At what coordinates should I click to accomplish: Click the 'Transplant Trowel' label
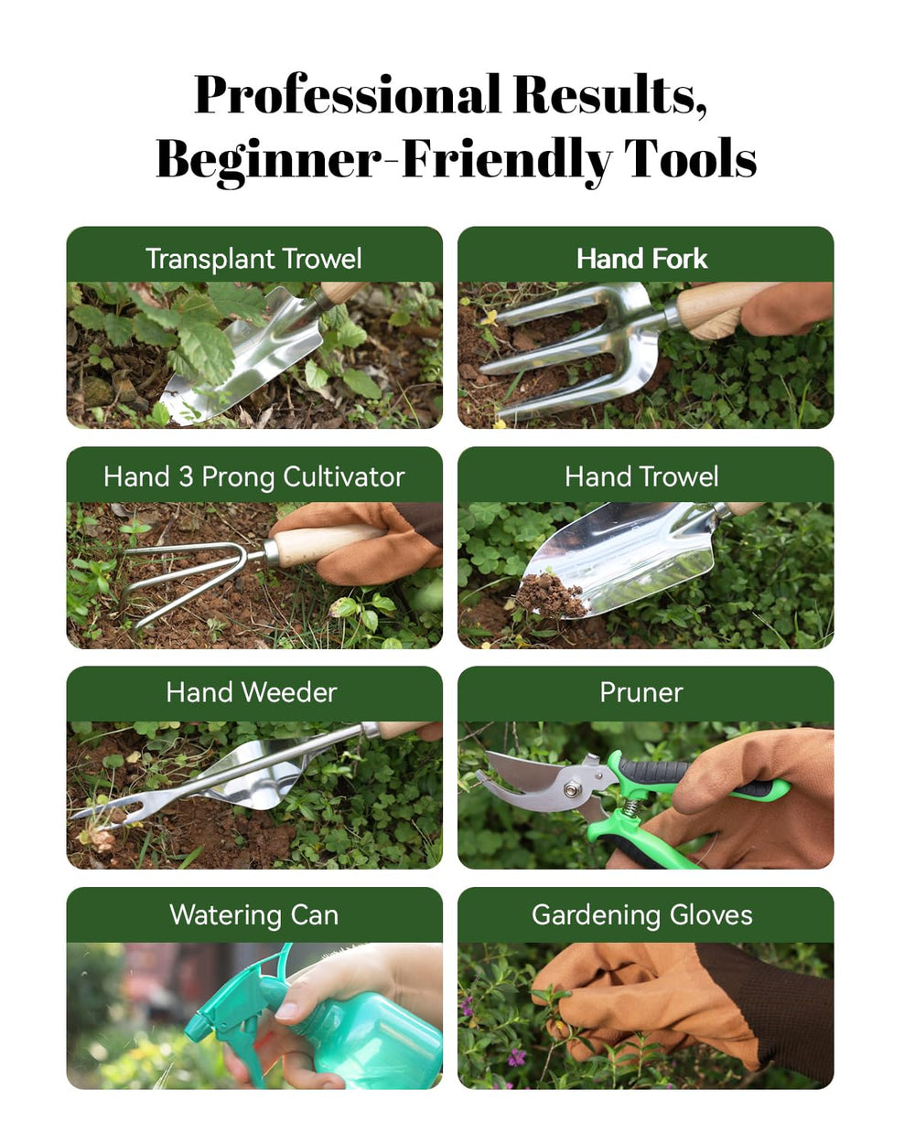click(x=253, y=259)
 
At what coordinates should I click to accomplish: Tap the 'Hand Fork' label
click(x=641, y=259)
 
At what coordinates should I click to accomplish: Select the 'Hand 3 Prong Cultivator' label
click(x=254, y=476)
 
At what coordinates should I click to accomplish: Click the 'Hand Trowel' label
click(x=641, y=476)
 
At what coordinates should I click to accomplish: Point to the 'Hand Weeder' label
click(x=252, y=692)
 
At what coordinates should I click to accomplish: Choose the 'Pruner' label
click(x=641, y=692)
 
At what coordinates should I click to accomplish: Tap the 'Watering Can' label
click(x=254, y=915)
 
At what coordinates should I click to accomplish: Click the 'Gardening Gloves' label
click(x=641, y=915)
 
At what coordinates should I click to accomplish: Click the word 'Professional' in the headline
click(x=347, y=96)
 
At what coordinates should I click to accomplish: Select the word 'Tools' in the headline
click(x=690, y=159)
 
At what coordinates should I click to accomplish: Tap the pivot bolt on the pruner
click(x=572, y=790)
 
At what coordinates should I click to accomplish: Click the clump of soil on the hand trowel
click(x=551, y=596)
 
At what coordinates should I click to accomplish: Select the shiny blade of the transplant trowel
click(x=249, y=356)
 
